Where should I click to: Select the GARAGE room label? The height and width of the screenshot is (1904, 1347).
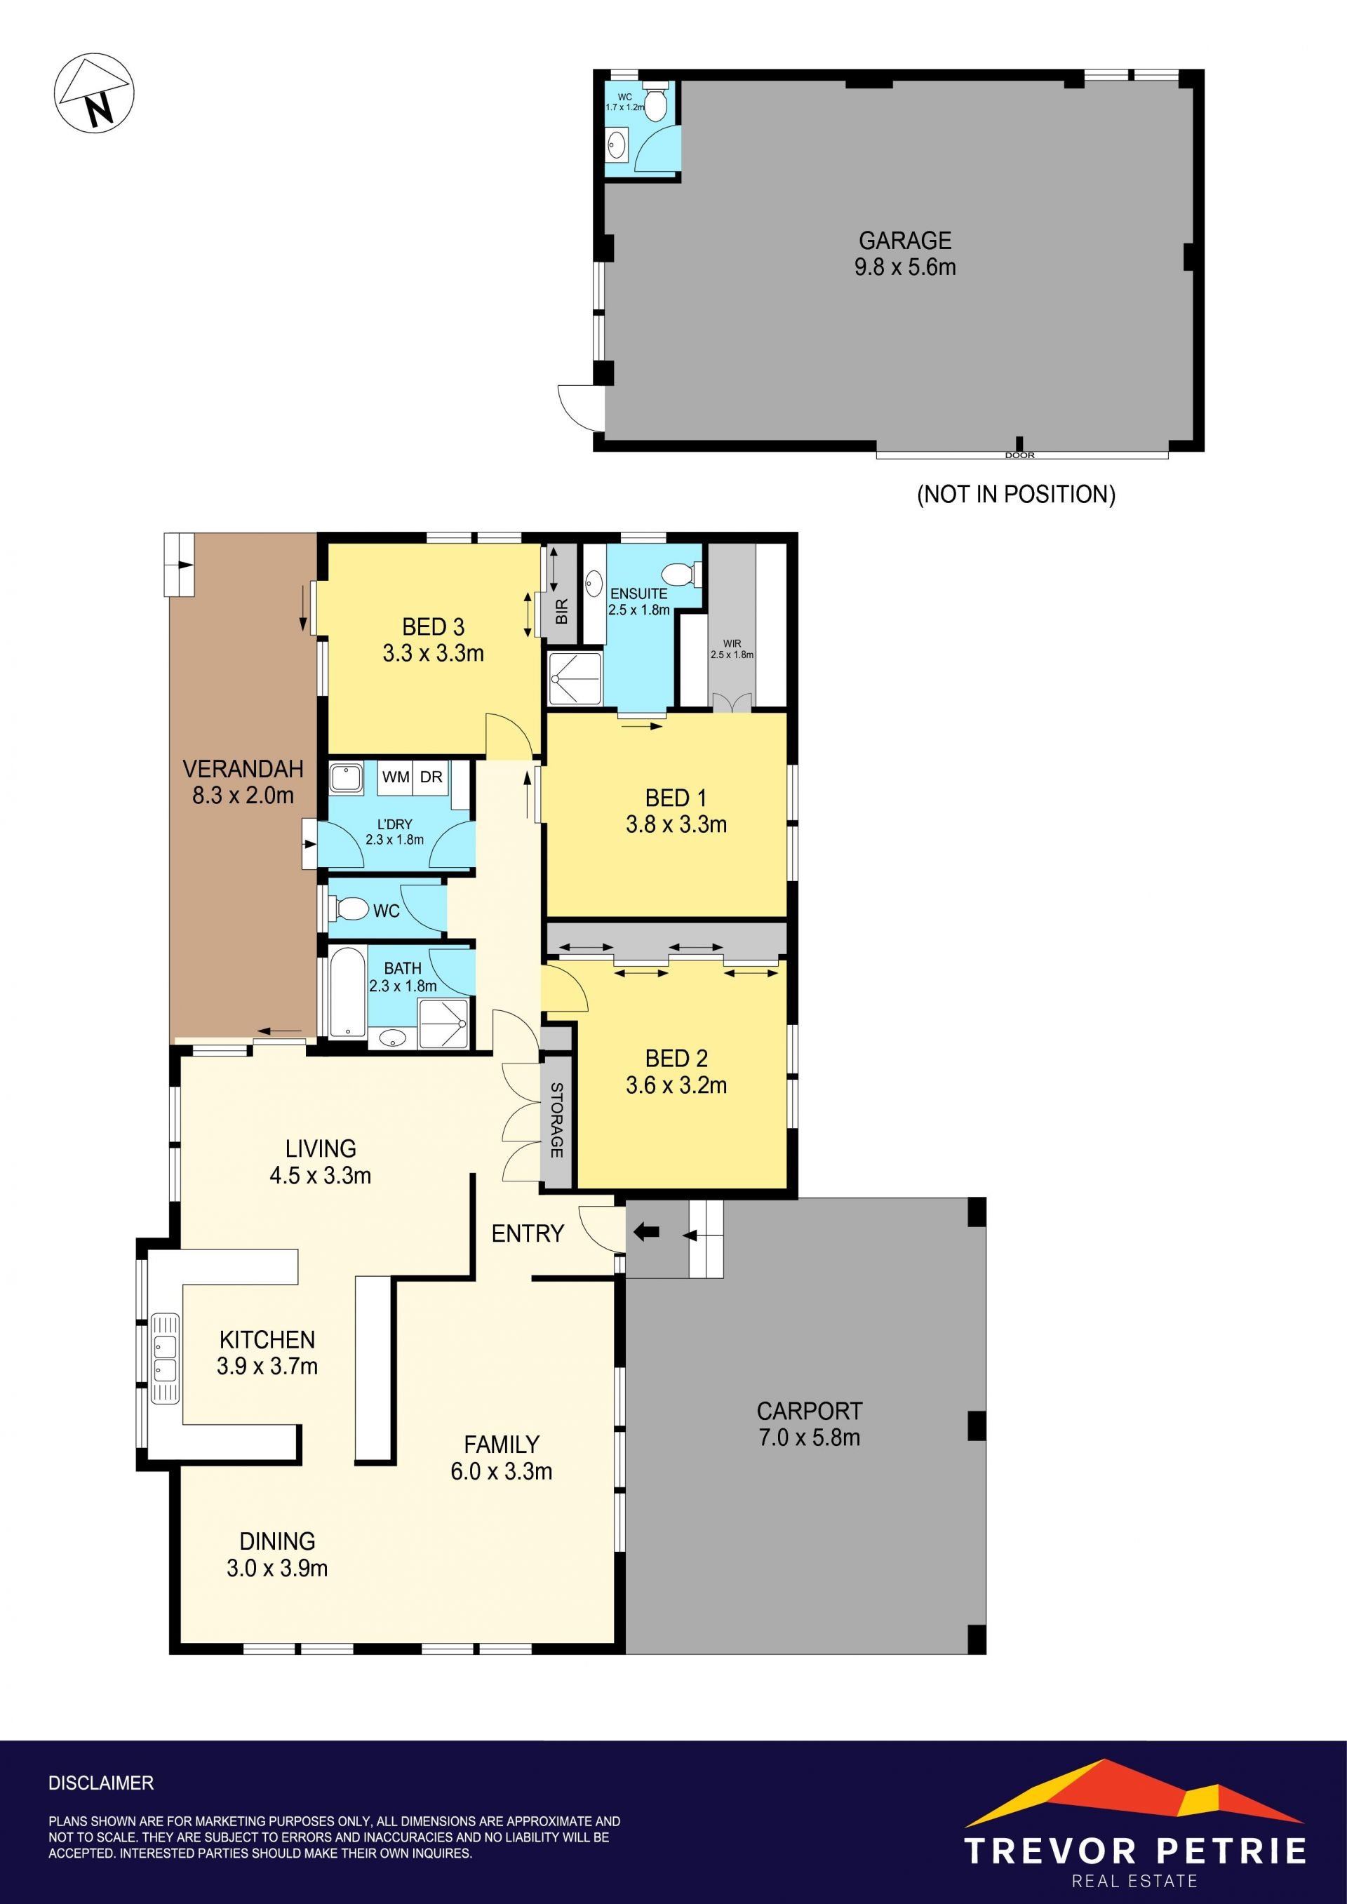(905, 241)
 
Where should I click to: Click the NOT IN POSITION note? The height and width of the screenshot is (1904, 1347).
(1016, 495)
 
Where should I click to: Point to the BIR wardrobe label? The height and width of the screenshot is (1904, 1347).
(561, 611)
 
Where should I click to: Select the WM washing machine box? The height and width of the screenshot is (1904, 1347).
(396, 777)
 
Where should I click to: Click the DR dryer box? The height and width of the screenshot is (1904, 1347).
(431, 777)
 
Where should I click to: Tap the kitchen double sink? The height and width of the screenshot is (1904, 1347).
(164, 1358)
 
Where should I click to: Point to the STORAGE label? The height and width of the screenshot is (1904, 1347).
(556, 1120)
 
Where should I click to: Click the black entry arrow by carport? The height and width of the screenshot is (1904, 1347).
(646, 1233)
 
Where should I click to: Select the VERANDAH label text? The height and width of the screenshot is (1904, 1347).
(243, 769)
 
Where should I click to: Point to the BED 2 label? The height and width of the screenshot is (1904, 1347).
(676, 1058)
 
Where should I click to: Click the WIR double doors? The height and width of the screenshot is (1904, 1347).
(732, 702)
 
